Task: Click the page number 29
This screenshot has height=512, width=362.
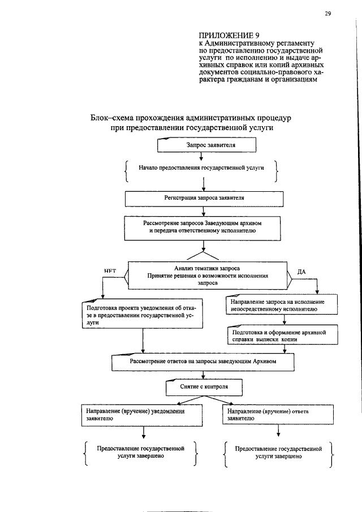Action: pyautogui.click(x=327, y=14)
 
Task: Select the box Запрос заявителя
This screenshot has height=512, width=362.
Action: pyautogui.click(x=207, y=145)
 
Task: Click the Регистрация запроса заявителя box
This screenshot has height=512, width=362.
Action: pyautogui.click(x=204, y=199)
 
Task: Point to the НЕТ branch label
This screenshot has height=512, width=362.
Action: pyautogui.click(x=110, y=270)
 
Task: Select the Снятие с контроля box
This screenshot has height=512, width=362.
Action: pyautogui.click(x=205, y=386)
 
